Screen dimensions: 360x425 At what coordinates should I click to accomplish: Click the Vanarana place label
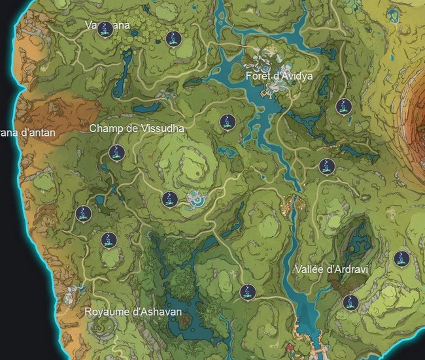pos(108,25)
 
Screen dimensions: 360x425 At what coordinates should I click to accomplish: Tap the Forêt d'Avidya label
pos(279,76)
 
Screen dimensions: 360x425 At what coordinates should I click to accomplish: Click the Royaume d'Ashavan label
pos(133,312)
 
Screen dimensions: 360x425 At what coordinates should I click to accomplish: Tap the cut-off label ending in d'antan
pos(28,133)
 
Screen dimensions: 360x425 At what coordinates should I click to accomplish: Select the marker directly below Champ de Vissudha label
pos(116,154)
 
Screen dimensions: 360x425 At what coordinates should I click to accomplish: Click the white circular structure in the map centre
pos(195,199)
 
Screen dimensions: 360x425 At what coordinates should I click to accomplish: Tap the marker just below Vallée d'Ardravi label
pos(350,303)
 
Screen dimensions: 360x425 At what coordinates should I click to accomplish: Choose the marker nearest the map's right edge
pos(401,258)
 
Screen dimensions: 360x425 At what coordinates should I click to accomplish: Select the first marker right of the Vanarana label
pos(173,39)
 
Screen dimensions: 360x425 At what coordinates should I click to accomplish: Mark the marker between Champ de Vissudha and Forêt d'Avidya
pos(228,122)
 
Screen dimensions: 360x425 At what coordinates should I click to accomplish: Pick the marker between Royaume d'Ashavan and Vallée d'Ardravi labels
pos(247,292)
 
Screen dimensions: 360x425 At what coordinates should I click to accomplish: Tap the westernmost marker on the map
pos(83,213)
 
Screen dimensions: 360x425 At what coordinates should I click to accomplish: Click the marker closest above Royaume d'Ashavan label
pos(109,240)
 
